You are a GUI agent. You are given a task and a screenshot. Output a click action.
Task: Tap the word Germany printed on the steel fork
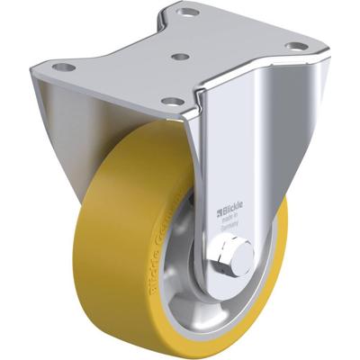(232, 230)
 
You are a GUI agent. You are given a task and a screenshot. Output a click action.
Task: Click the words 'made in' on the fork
(232, 223)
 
